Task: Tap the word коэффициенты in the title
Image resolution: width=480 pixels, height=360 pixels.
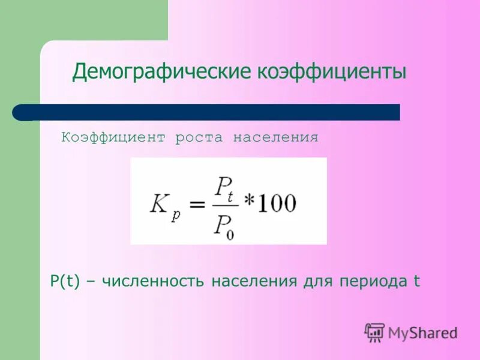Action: click(332, 73)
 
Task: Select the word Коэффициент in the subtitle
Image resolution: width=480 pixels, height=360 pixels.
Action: click(113, 138)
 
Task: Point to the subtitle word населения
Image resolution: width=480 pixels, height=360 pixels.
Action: click(275, 138)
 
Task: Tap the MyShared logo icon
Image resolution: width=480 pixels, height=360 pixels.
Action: click(374, 332)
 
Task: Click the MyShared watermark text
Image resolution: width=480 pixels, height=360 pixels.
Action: click(422, 333)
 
